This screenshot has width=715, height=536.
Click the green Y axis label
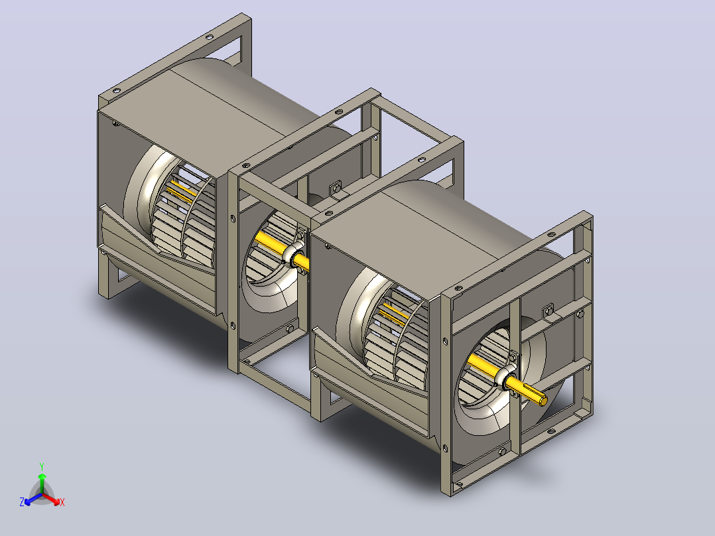point(42,466)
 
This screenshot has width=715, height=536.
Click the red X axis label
point(62,502)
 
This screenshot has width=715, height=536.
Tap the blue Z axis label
point(22,502)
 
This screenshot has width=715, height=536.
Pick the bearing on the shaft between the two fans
point(293,253)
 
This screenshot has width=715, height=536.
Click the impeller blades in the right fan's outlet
point(397,338)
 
